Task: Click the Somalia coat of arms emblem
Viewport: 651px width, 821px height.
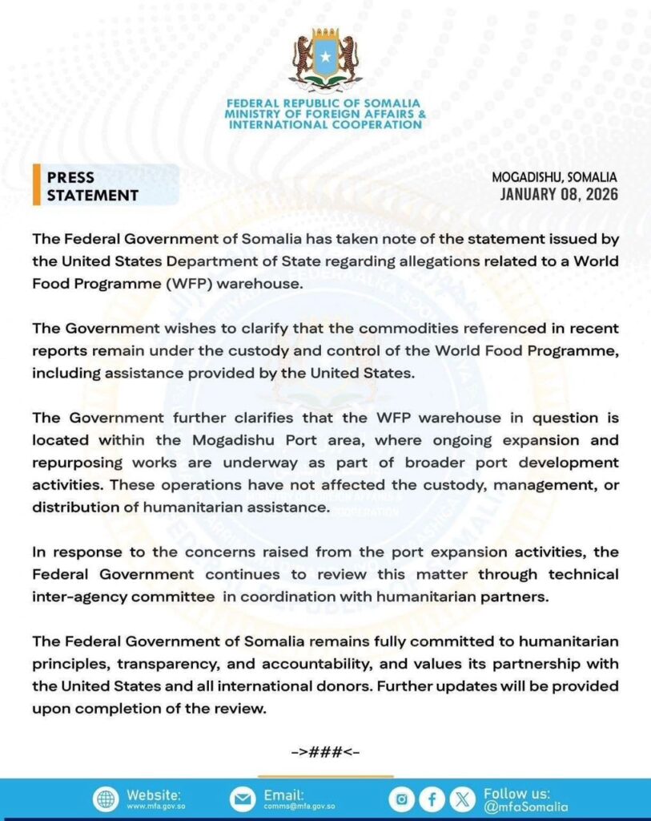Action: (325, 61)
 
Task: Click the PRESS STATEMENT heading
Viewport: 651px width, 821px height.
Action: (92, 186)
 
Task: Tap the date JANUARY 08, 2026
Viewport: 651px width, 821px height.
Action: (559, 194)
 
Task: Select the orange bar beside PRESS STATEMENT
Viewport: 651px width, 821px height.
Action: (36, 186)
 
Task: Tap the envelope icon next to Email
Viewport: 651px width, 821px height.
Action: (241, 799)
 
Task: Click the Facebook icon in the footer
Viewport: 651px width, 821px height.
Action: (432, 799)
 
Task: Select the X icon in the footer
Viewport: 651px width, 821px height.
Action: (462, 799)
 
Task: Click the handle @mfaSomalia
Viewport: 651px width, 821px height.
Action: (525, 807)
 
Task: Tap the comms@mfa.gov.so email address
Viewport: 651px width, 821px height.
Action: (299, 807)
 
